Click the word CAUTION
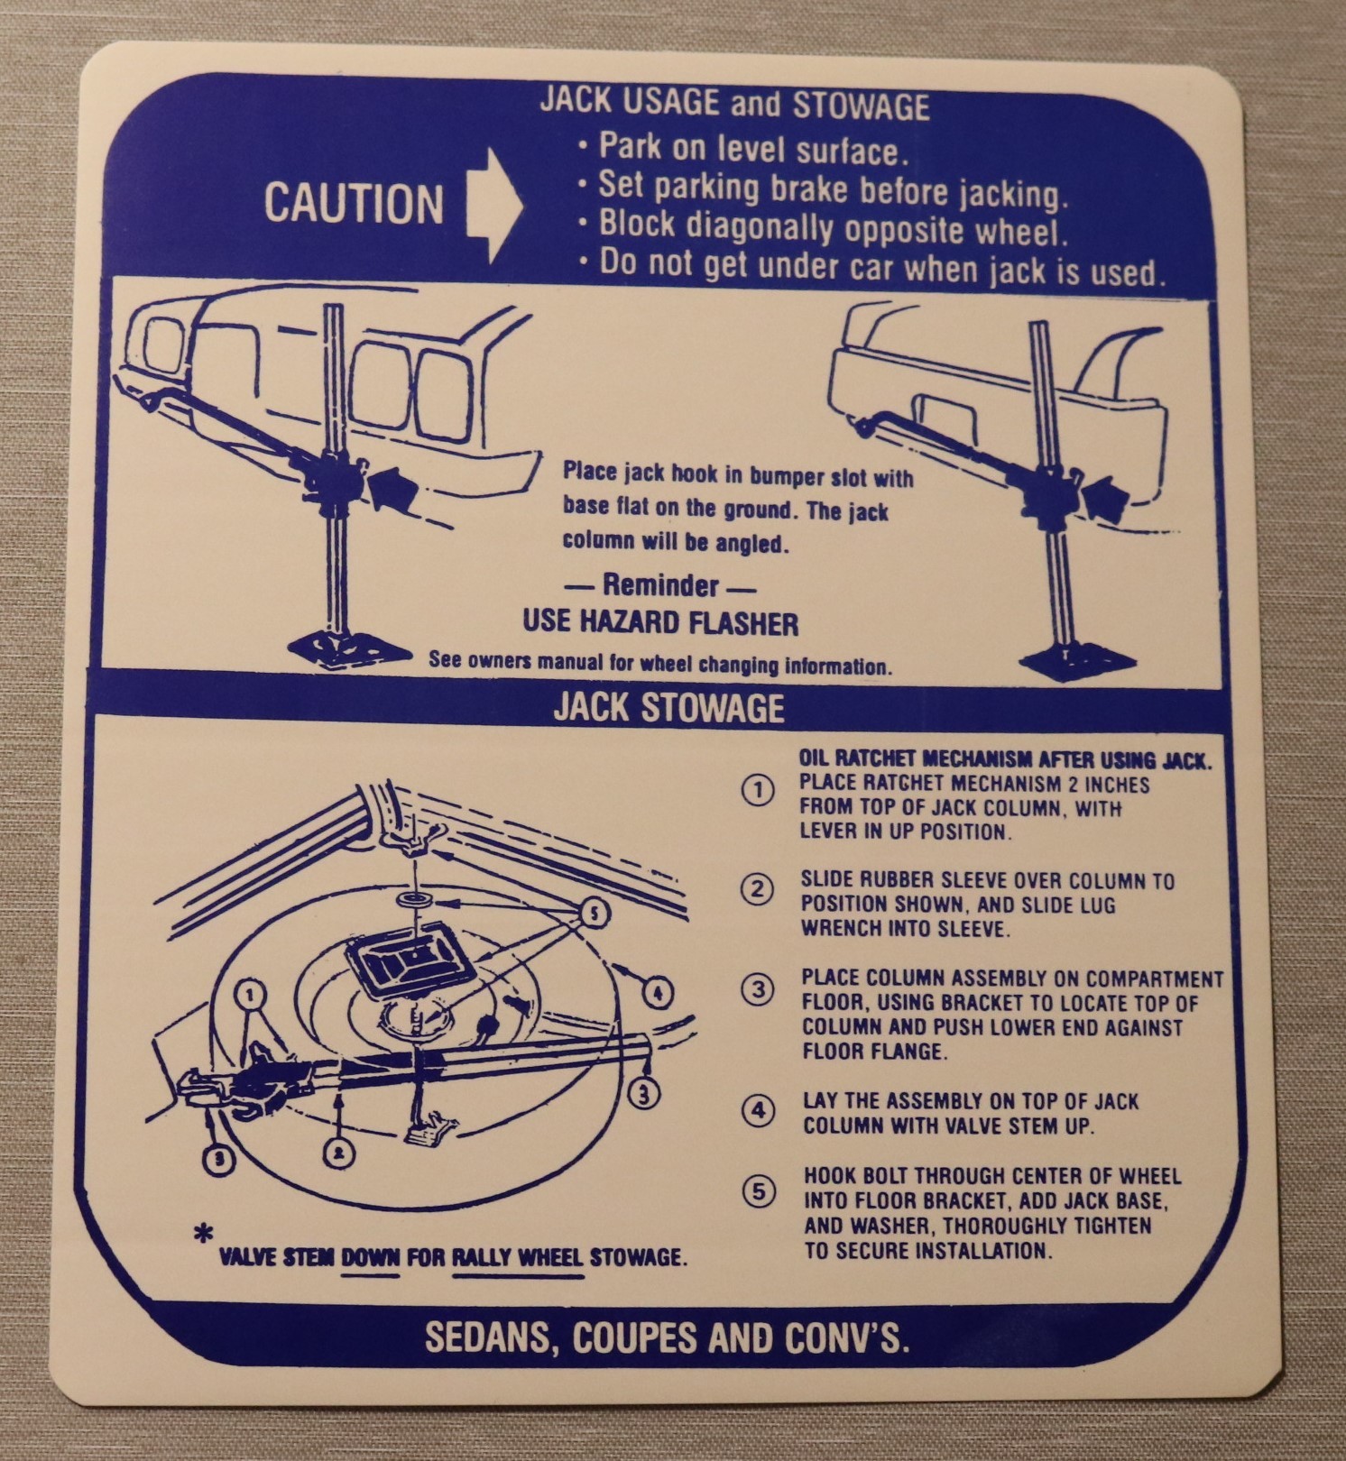(354, 203)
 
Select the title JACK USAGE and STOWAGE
(734, 104)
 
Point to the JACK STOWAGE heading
(668, 708)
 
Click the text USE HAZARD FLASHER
(660, 622)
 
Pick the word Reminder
(661, 585)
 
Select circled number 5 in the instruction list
(759, 1191)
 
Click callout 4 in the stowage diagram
(657, 993)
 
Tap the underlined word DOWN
(370, 1257)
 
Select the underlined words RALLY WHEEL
(517, 1257)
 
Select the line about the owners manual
(660, 664)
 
